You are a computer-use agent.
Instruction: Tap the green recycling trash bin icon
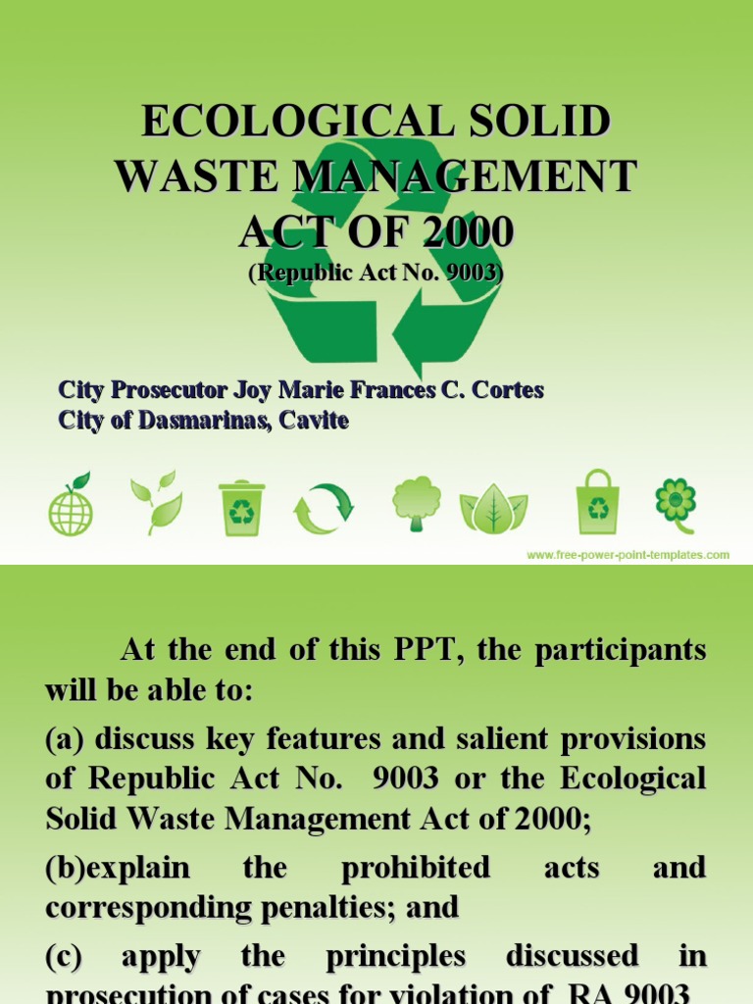tap(240, 507)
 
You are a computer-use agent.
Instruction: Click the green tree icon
tap(417, 502)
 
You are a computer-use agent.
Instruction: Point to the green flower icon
tap(676, 500)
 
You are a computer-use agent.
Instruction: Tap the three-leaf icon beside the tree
tap(494, 507)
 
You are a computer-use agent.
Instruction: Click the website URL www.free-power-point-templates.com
tap(627, 555)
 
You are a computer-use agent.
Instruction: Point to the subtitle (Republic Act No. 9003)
tap(376, 274)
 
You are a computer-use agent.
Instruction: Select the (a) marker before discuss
tap(66, 738)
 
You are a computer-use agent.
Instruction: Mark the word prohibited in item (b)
tap(416, 867)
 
